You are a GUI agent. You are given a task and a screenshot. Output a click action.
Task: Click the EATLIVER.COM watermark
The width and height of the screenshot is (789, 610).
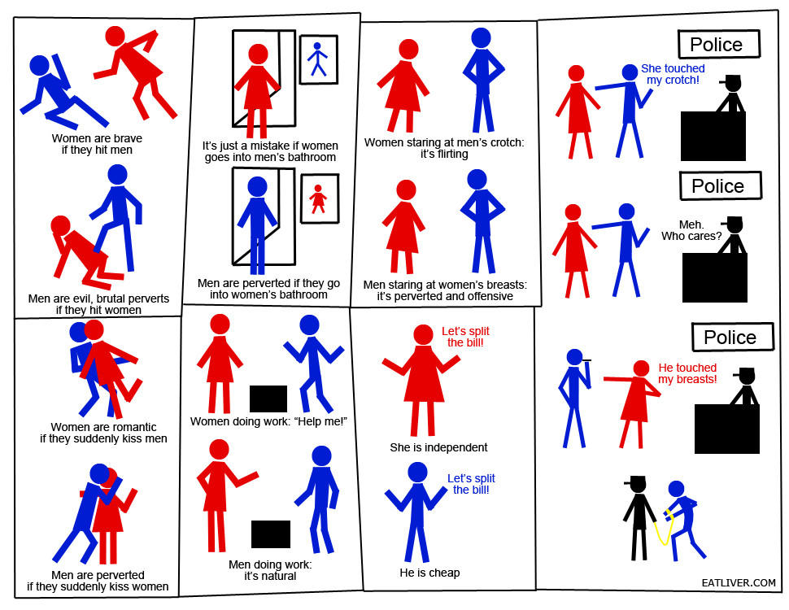point(739,583)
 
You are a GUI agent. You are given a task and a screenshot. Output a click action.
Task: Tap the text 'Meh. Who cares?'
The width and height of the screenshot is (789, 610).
point(691,230)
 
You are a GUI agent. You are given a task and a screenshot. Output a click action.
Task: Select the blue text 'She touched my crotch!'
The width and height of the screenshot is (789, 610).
point(673,74)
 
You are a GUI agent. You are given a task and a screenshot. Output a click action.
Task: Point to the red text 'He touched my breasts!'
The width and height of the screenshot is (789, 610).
point(687,373)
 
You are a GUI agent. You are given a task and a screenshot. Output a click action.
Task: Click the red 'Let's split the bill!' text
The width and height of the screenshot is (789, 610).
point(465,337)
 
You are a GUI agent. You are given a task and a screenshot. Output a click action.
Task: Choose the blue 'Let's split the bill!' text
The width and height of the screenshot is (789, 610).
point(471,484)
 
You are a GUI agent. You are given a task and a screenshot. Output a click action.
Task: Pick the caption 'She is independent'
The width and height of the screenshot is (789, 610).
point(438,447)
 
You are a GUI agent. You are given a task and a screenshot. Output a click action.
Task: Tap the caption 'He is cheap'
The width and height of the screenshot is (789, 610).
point(429,573)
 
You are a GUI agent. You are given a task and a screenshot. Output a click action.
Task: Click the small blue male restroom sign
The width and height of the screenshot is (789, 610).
point(319,59)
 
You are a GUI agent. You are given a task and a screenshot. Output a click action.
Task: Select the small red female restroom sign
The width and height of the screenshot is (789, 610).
point(320,198)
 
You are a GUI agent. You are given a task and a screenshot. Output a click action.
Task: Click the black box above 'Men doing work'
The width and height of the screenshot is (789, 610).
point(271,534)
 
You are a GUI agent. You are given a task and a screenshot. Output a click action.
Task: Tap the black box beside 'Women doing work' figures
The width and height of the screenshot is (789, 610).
point(268,399)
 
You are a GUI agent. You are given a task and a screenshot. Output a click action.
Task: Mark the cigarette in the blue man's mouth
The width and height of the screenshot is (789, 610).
point(586,359)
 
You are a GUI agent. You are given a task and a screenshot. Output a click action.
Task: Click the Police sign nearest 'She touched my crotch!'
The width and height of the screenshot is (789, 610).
point(718,44)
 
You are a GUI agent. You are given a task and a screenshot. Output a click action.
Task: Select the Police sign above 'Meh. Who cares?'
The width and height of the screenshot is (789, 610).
point(720,185)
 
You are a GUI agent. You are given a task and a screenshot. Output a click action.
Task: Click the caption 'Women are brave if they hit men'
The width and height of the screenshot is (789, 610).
point(97,144)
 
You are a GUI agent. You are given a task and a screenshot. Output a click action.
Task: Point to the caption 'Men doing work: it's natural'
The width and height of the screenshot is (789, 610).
point(270,570)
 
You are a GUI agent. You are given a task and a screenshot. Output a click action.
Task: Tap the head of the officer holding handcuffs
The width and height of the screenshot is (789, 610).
point(638,486)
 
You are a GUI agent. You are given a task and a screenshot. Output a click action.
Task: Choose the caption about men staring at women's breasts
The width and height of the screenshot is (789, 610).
point(445,290)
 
